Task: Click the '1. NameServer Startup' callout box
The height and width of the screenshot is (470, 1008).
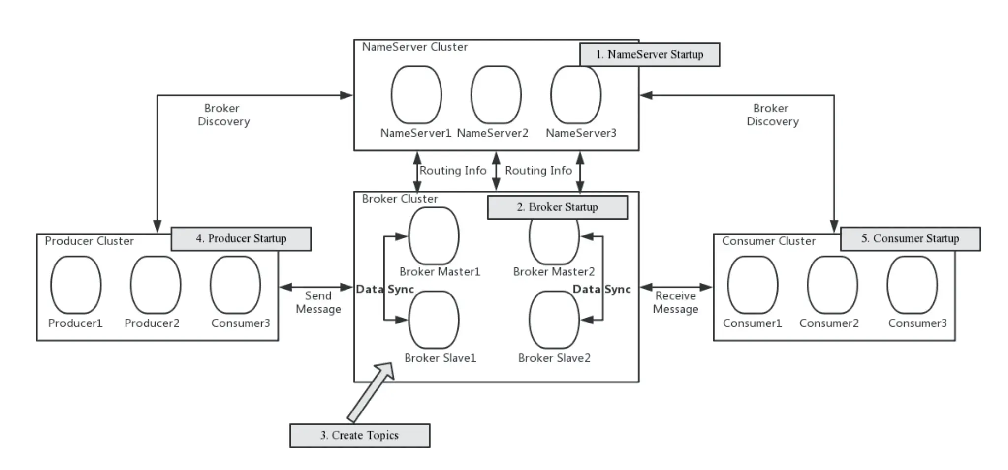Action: click(x=650, y=55)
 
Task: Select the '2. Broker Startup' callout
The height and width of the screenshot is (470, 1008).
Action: click(x=558, y=207)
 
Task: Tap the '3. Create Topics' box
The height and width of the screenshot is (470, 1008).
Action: click(x=360, y=436)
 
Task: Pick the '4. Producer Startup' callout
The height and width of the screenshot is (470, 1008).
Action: click(x=241, y=239)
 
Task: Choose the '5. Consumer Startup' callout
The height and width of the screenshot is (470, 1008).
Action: click(x=911, y=239)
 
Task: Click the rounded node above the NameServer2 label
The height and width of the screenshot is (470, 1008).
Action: click(x=496, y=95)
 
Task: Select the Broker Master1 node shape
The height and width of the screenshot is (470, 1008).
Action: click(x=434, y=236)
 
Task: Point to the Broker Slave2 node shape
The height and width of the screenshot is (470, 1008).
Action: click(x=554, y=320)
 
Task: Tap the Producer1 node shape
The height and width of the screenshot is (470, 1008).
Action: click(x=76, y=285)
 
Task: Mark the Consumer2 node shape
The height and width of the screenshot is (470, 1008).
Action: click(x=832, y=285)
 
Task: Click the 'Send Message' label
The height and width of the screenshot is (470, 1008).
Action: click(x=318, y=302)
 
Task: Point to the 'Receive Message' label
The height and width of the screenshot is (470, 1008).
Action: click(x=676, y=302)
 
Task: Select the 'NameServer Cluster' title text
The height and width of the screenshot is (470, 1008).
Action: click(x=415, y=47)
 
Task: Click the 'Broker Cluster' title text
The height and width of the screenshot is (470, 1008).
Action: click(x=400, y=199)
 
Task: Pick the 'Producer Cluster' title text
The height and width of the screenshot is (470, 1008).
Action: click(x=89, y=241)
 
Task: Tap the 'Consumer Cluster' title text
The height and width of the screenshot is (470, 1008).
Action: click(x=769, y=241)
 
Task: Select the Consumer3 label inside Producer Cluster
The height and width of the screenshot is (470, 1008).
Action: click(x=241, y=323)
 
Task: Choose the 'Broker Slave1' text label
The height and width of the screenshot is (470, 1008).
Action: click(x=441, y=358)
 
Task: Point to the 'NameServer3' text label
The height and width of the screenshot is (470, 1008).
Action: click(x=581, y=133)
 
